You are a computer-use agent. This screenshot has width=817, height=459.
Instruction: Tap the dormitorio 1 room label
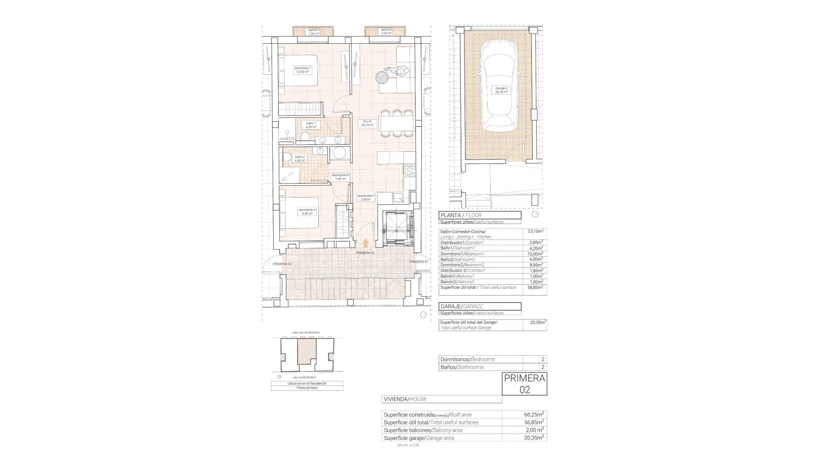303,70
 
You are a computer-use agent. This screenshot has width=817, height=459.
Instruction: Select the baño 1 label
311,125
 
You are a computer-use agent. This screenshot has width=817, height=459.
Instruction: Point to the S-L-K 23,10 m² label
367,123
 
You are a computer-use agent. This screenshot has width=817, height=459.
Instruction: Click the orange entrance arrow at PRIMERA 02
365,243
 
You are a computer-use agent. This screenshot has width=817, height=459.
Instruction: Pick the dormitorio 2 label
307,212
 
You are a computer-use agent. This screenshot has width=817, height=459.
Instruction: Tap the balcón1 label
314,31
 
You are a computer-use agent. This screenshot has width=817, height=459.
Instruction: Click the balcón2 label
386,31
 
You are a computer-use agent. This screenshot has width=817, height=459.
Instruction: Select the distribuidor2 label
340,177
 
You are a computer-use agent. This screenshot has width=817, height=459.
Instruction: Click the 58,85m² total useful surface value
535,288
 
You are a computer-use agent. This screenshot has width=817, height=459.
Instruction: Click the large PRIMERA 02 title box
524,384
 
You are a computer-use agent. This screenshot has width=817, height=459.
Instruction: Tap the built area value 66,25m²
534,414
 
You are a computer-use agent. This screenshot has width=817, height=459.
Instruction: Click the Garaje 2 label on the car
501,90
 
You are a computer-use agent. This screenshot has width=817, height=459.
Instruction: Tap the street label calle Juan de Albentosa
306,332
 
